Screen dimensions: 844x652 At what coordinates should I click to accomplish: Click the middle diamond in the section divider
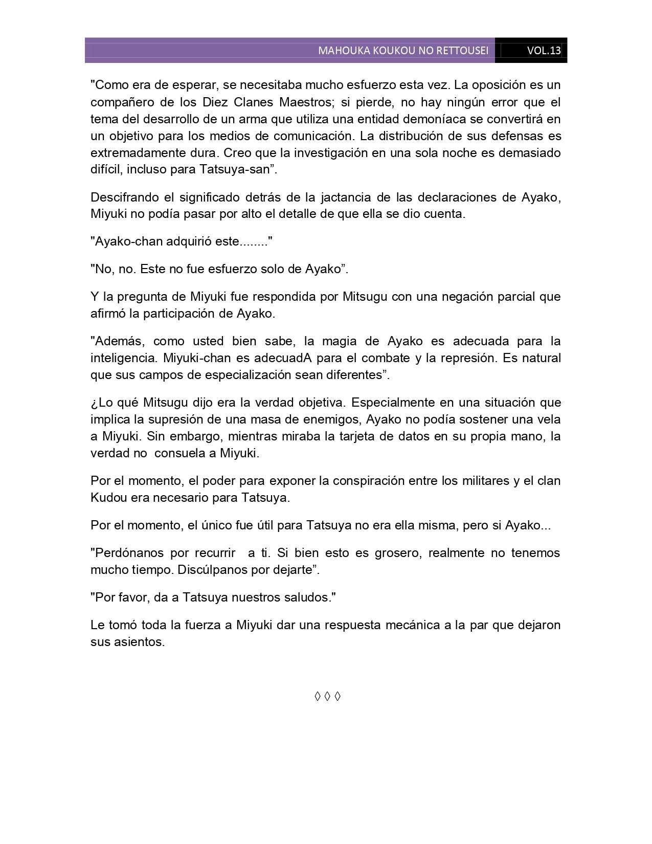(x=327, y=696)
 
